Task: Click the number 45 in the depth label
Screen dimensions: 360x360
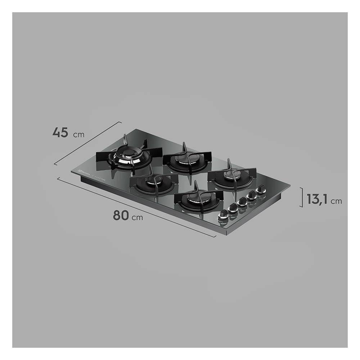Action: click(60, 132)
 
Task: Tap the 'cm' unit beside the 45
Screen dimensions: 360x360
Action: click(78, 135)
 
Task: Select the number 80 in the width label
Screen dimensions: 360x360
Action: click(121, 215)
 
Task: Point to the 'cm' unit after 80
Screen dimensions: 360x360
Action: click(137, 217)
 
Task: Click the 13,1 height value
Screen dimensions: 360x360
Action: click(317, 199)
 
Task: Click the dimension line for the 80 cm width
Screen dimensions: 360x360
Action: click(137, 207)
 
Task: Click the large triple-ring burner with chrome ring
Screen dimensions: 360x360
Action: click(124, 157)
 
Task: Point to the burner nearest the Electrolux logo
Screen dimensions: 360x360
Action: click(153, 184)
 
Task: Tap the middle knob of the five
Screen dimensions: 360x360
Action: click(242, 201)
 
